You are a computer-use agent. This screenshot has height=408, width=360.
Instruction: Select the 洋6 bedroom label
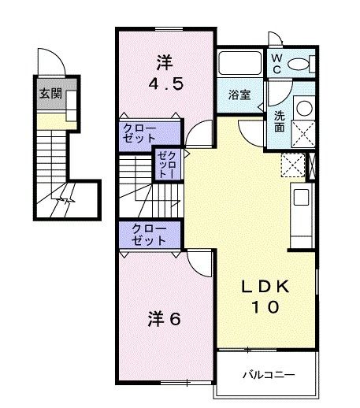165,319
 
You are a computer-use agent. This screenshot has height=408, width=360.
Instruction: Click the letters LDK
266,288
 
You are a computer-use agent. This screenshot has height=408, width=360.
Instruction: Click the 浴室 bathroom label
239,95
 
